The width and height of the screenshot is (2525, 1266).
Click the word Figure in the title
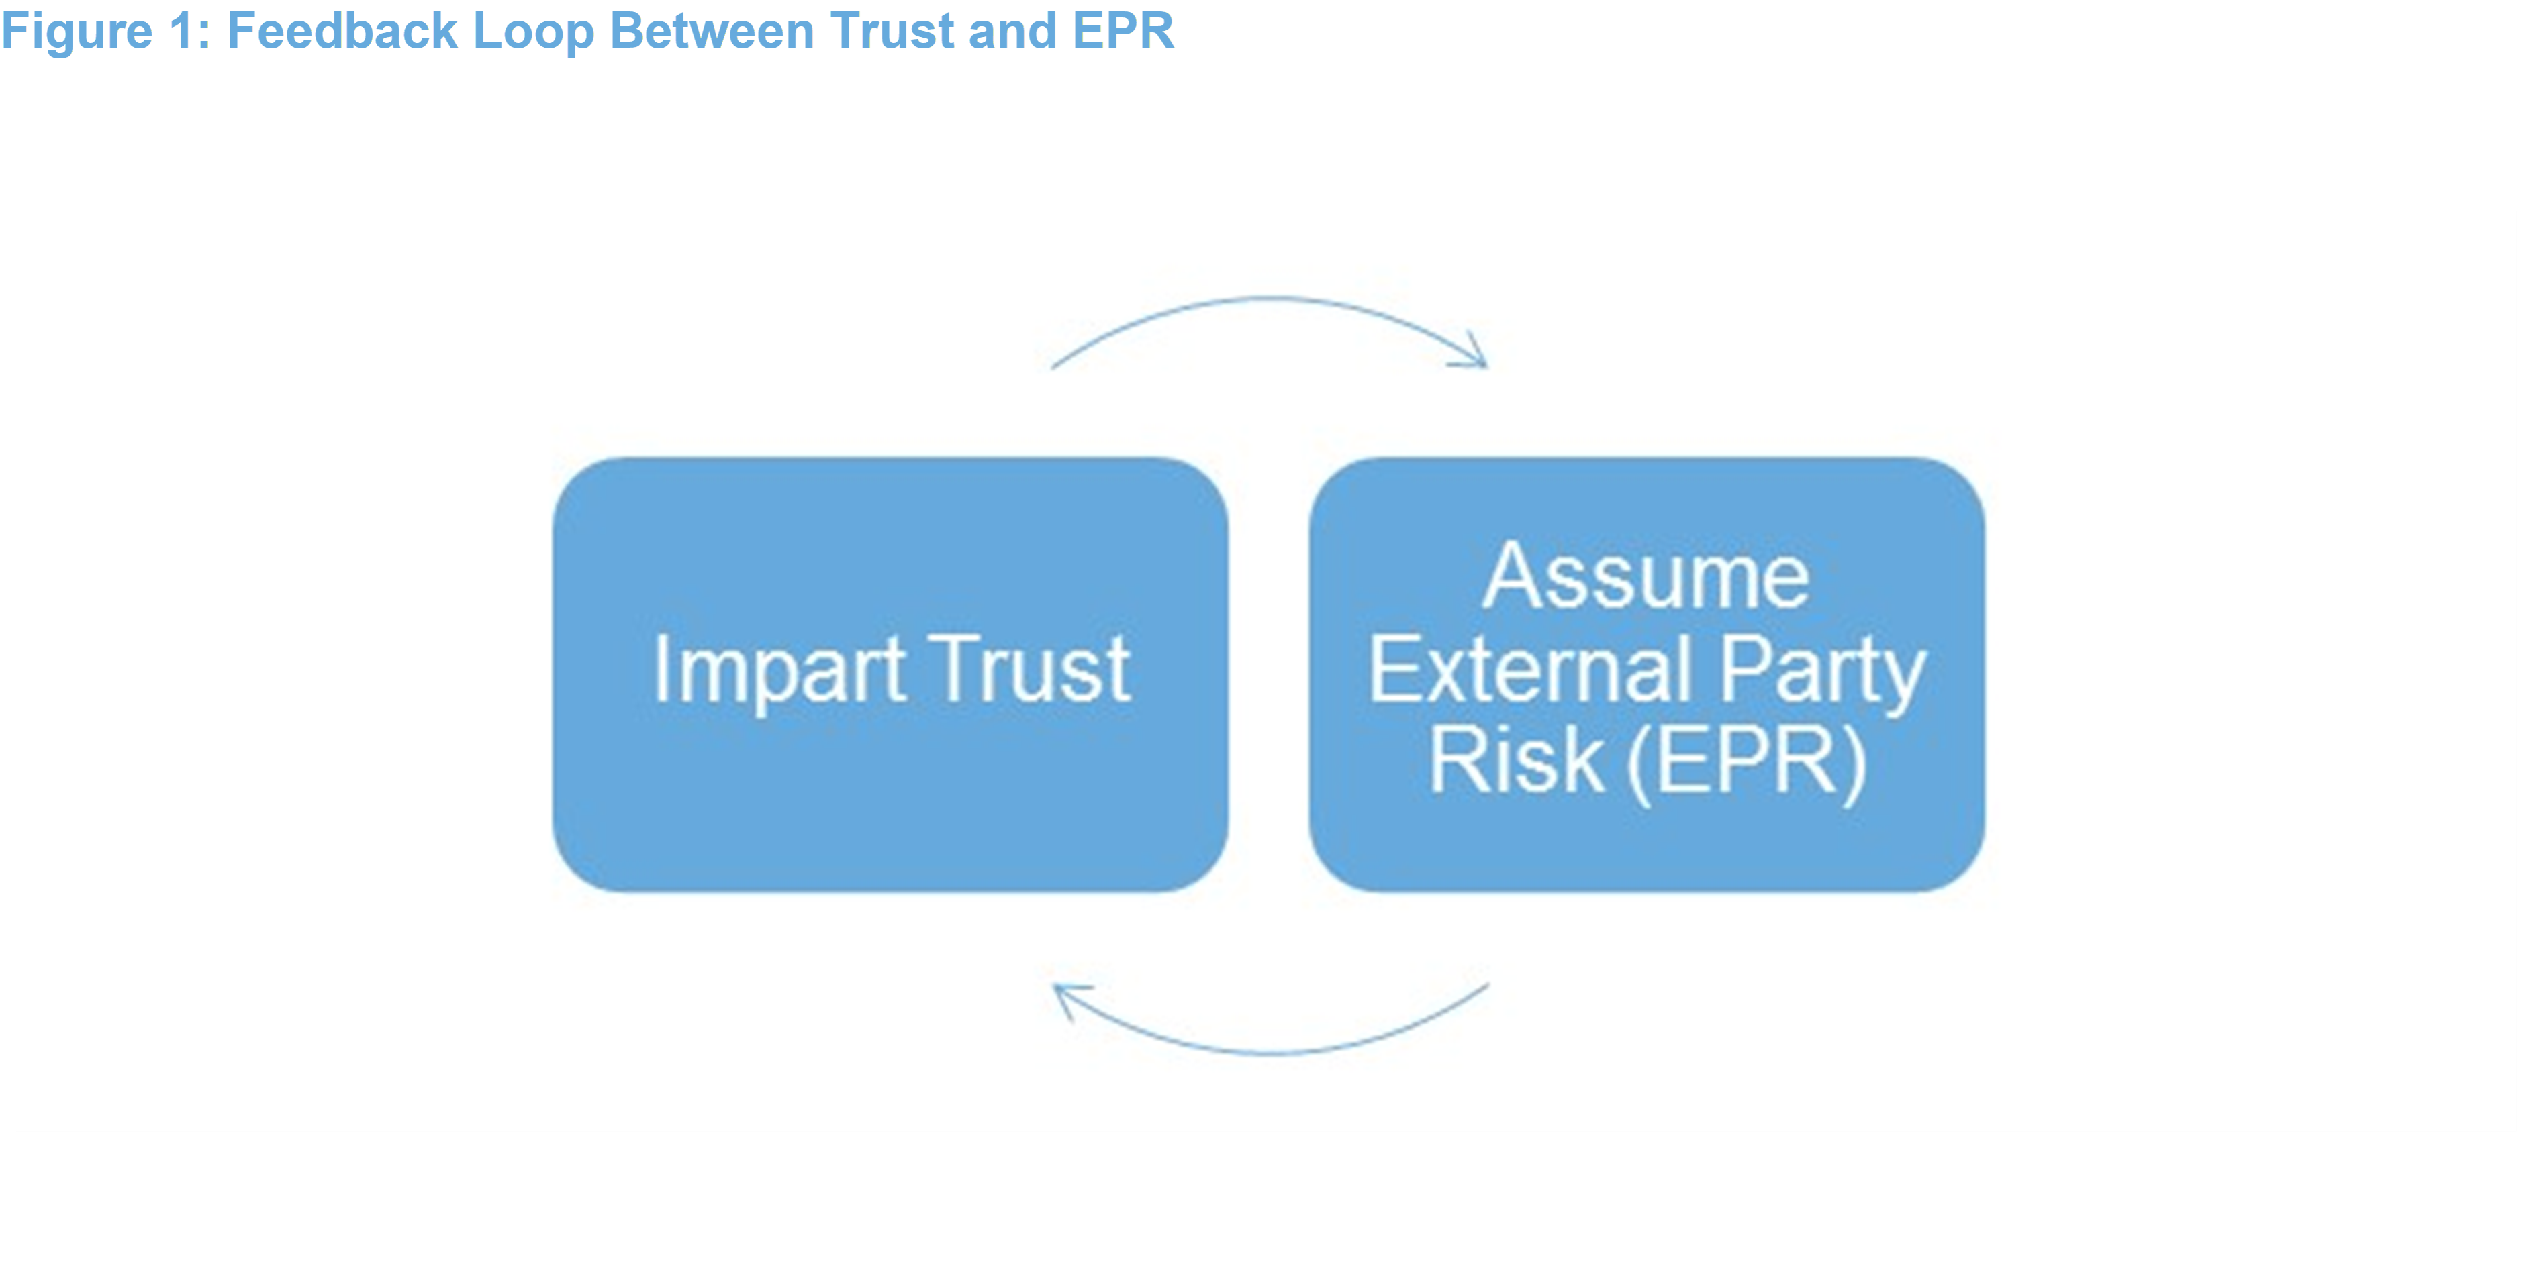[x=77, y=32]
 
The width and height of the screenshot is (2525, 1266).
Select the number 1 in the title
[x=183, y=32]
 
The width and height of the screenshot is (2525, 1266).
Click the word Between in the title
[x=712, y=32]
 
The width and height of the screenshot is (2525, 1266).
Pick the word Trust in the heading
[x=892, y=32]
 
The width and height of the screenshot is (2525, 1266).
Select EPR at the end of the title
[x=1123, y=32]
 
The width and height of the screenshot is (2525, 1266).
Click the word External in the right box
[x=1529, y=670]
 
